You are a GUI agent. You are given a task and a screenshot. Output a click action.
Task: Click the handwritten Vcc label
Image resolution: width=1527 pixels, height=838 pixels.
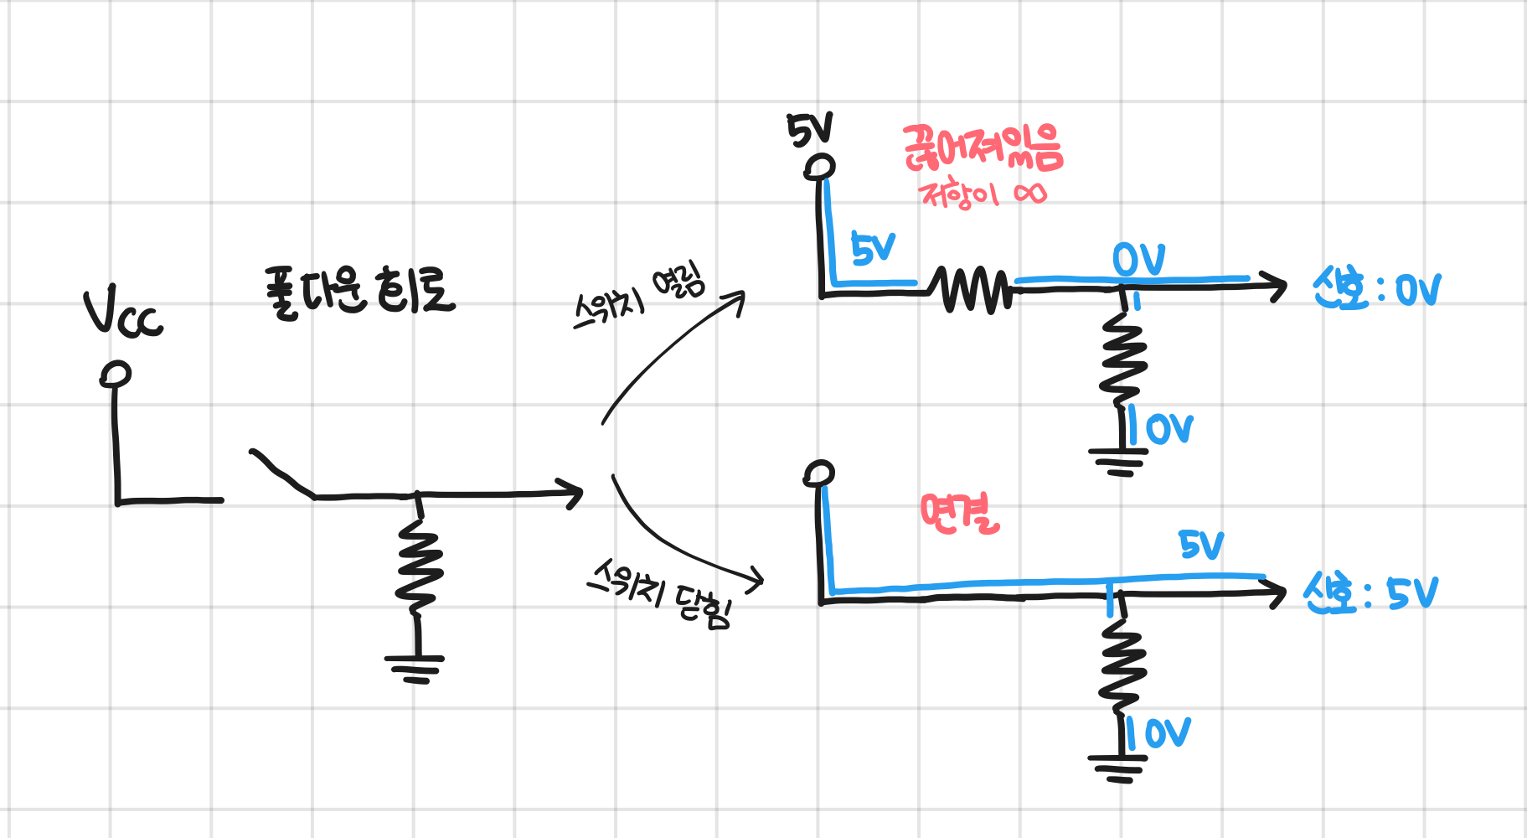[x=122, y=314]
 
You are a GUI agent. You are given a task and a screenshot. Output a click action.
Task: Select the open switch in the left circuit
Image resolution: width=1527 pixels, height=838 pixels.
[x=281, y=474]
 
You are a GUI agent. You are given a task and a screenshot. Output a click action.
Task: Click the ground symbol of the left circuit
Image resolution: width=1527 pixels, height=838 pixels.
[x=415, y=667]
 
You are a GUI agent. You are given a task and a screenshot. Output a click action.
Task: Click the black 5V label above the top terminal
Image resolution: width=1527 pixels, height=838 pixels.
[x=809, y=131]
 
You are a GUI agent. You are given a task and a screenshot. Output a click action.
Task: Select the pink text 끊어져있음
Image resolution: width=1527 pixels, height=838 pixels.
[x=983, y=149]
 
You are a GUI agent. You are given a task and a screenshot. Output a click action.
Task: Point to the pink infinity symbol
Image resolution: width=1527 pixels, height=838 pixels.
[x=1029, y=194]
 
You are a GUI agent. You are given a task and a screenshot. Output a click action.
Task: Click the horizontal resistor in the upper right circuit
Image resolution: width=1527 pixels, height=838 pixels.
[x=972, y=290]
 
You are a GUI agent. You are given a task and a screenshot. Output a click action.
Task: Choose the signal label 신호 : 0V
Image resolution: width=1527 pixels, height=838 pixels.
[x=1376, y=290]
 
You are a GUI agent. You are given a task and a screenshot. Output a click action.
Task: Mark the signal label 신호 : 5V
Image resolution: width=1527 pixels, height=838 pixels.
[x=1370, y=593]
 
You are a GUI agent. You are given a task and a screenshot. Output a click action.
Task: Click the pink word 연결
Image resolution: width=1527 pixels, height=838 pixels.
[x=960, y=513]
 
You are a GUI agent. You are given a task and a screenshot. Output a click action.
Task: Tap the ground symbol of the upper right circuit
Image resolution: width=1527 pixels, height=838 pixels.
[x=1119, y=461]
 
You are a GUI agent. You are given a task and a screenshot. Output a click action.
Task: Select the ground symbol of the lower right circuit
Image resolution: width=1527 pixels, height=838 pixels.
[x=1119, y=767]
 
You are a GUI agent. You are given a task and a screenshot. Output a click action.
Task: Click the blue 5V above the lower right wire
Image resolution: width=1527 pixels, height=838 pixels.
[x=1201, y=546]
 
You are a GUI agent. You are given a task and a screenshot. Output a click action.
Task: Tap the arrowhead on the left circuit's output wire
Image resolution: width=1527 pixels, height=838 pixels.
[x=573, y=494]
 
